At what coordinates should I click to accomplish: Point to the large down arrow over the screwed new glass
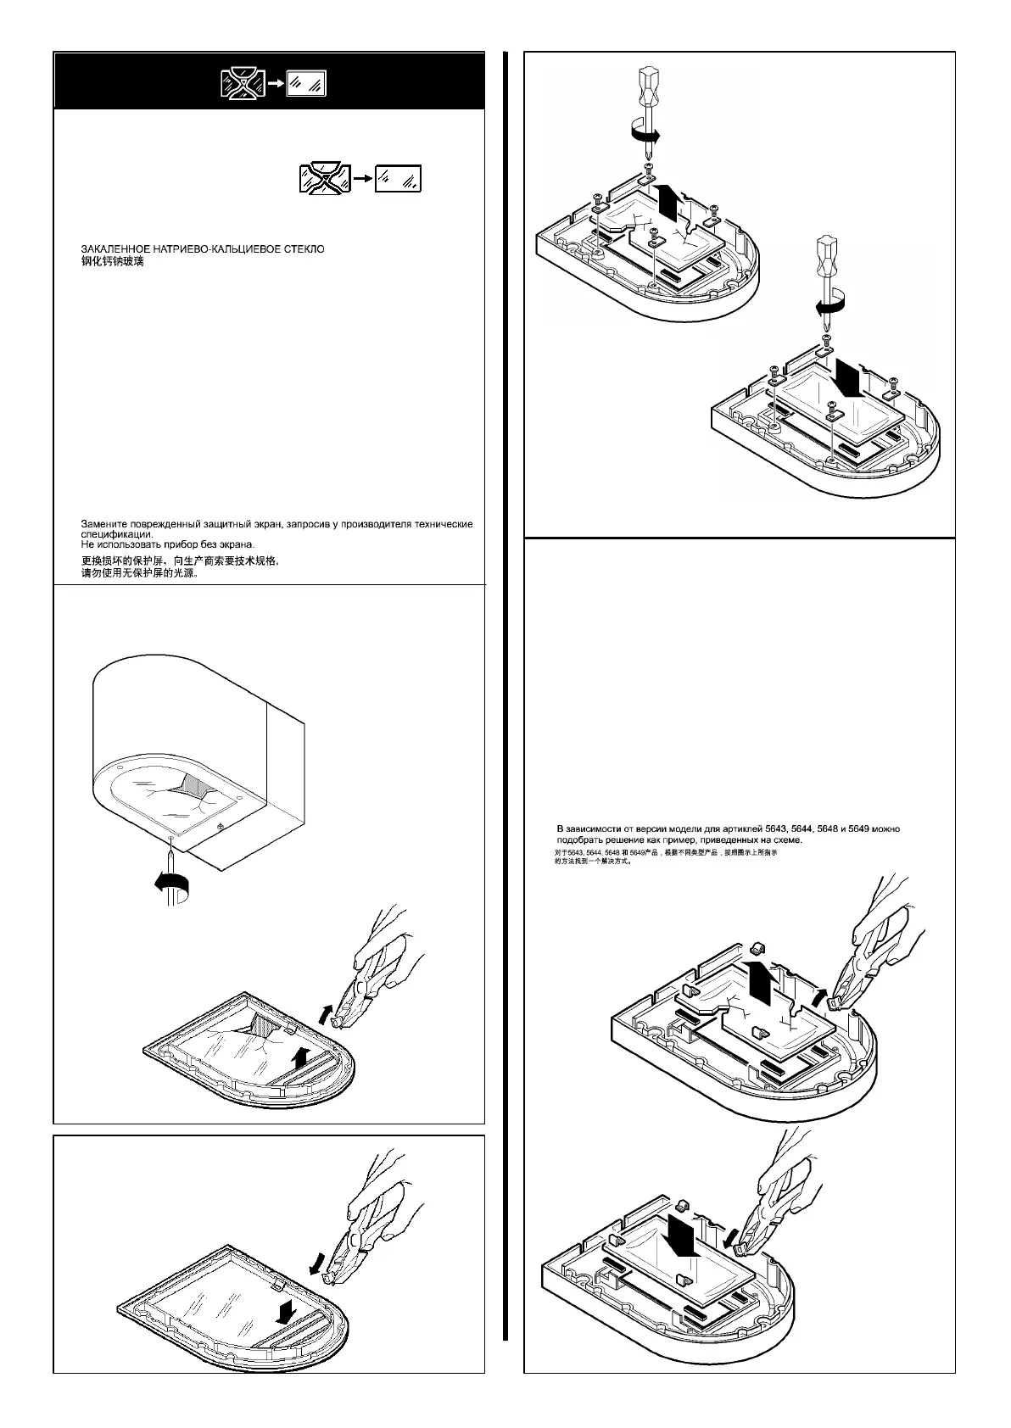coord(847,377)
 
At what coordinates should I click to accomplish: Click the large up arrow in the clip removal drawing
coord(762,983)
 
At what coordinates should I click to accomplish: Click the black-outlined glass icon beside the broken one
coord(399,178)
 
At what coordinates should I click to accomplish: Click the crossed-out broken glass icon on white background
coord(325,178)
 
